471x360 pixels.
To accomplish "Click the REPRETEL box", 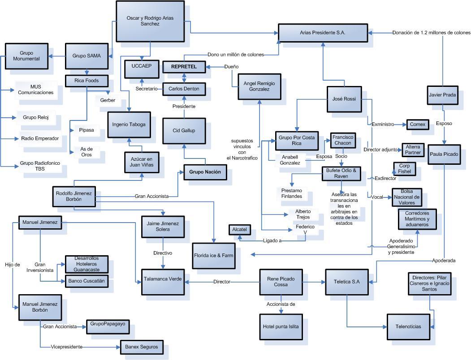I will tap(183, 67).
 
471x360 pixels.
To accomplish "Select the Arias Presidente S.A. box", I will tap(323, 33).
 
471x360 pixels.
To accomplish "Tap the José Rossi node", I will tap(344, 99).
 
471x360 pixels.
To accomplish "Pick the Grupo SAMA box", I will tap(86, 56).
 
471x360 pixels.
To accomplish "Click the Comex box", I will tap(417, 124).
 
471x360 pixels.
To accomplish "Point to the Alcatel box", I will tap(239, 229).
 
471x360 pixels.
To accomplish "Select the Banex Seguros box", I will tap(141, 347).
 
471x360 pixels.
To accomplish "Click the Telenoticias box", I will tap(411, 326).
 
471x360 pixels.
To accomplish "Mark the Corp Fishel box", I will tap(404, 169).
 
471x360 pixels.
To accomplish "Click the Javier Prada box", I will tap(442, 94).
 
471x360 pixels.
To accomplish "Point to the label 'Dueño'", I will tap(231, 67).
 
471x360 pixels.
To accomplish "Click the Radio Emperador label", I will tap(40, 138).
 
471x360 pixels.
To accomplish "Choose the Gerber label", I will tap(108, 100).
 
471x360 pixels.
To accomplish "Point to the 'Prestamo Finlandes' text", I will tap(292, 193).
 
